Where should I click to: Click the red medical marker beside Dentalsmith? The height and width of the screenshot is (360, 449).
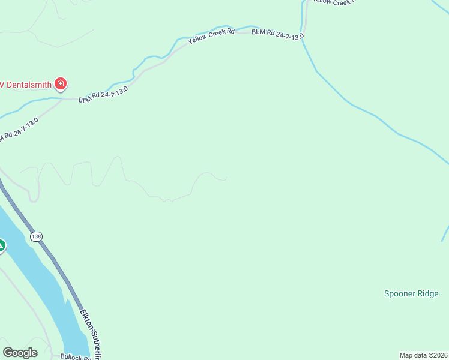point(60,83)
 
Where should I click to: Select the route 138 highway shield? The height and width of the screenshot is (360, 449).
point(37,236)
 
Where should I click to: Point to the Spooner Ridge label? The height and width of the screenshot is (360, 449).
point(411,293)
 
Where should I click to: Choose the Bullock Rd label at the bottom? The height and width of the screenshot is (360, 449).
point(76,356)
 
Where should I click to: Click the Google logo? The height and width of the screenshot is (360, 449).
point(20,352)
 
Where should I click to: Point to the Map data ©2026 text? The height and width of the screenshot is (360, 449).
point(423,355)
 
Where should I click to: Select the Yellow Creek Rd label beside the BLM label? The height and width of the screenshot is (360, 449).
point(211,36)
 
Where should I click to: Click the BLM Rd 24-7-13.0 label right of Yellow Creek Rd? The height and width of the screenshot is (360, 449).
point(277,34)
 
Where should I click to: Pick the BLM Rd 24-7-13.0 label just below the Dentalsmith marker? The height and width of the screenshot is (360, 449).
point(103,94)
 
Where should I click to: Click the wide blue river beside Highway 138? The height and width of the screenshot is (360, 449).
point(42,282)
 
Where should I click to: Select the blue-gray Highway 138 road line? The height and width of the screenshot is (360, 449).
point(60,270)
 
